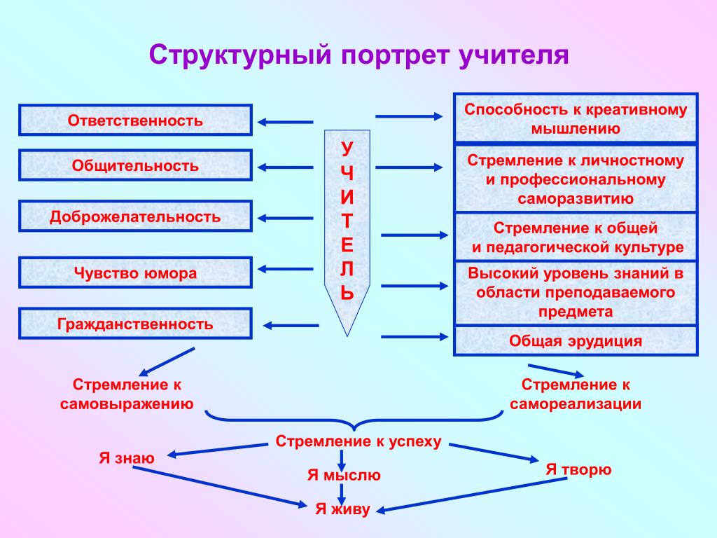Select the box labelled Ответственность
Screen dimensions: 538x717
pyautogui.click(x=135, y=120)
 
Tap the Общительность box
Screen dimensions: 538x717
pyautogui.click(x=135, y=165)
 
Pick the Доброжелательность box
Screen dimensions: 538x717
pyautogui.click(x=135, y=216)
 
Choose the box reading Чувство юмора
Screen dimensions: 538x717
pyautogui.click(x=135, y=273)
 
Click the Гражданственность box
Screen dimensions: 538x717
pyautogui.click(x=135, y=324)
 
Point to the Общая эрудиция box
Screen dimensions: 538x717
pyautogui.click(x=575, y=341)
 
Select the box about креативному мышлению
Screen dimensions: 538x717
pyautogui.click(x=575, y=118)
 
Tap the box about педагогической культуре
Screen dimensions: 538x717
pyautogui.click(x=575, y=237)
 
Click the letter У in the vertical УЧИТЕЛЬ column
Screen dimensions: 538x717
pyautogui.click(x=347, y=148)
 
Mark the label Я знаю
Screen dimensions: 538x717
pyautogui.click(x=126, y=458)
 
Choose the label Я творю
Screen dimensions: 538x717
pyautogui.click(x=579, y=469)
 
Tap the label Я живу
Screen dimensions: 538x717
pyautogui.click(x=342, y=509)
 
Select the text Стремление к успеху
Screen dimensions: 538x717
pyautogui.click(x=358, y=441)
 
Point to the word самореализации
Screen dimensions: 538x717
pyautogui.click(x=576, y=404)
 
